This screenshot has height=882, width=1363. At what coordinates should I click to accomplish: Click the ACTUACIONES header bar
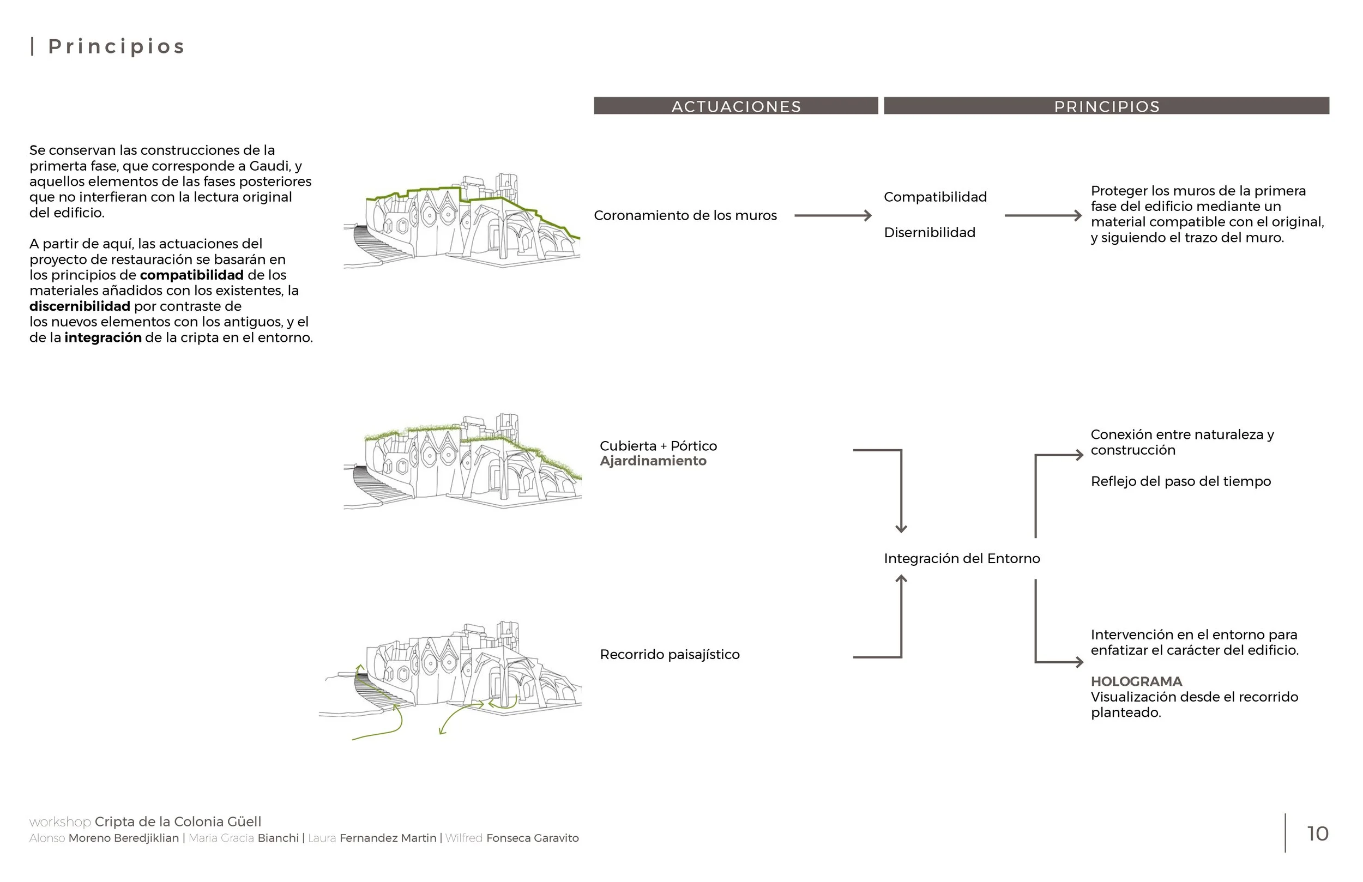736,106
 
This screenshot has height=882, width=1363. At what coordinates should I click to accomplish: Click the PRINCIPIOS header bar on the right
1106,106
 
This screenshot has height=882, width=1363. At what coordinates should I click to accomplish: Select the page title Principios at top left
117,46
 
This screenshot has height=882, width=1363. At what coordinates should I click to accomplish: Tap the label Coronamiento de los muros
685,215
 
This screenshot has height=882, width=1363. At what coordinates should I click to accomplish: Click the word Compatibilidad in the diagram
935,197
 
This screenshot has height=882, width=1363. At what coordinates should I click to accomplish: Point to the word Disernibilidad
930,233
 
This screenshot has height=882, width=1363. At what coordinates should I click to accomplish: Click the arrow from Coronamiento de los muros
833,215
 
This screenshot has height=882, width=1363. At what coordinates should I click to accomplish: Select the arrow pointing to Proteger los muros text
1044,215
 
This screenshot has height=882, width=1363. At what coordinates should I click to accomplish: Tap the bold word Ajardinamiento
653,461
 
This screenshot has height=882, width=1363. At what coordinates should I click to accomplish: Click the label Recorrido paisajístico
670,655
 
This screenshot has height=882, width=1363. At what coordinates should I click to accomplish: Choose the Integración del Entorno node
962,558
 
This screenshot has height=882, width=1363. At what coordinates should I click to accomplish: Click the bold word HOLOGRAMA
1136,681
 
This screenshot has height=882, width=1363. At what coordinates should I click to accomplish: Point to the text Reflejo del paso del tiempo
1181,482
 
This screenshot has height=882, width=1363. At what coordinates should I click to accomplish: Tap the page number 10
1318,834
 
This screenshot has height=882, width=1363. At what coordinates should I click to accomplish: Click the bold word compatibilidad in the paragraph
192,275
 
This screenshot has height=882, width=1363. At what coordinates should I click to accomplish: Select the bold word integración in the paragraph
103,338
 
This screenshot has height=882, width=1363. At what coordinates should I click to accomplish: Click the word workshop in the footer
60,822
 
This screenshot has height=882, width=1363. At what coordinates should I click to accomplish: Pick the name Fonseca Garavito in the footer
533,838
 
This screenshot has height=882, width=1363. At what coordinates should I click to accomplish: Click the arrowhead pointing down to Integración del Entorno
901,529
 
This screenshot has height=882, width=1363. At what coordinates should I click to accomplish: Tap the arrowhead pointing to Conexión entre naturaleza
1079,455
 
